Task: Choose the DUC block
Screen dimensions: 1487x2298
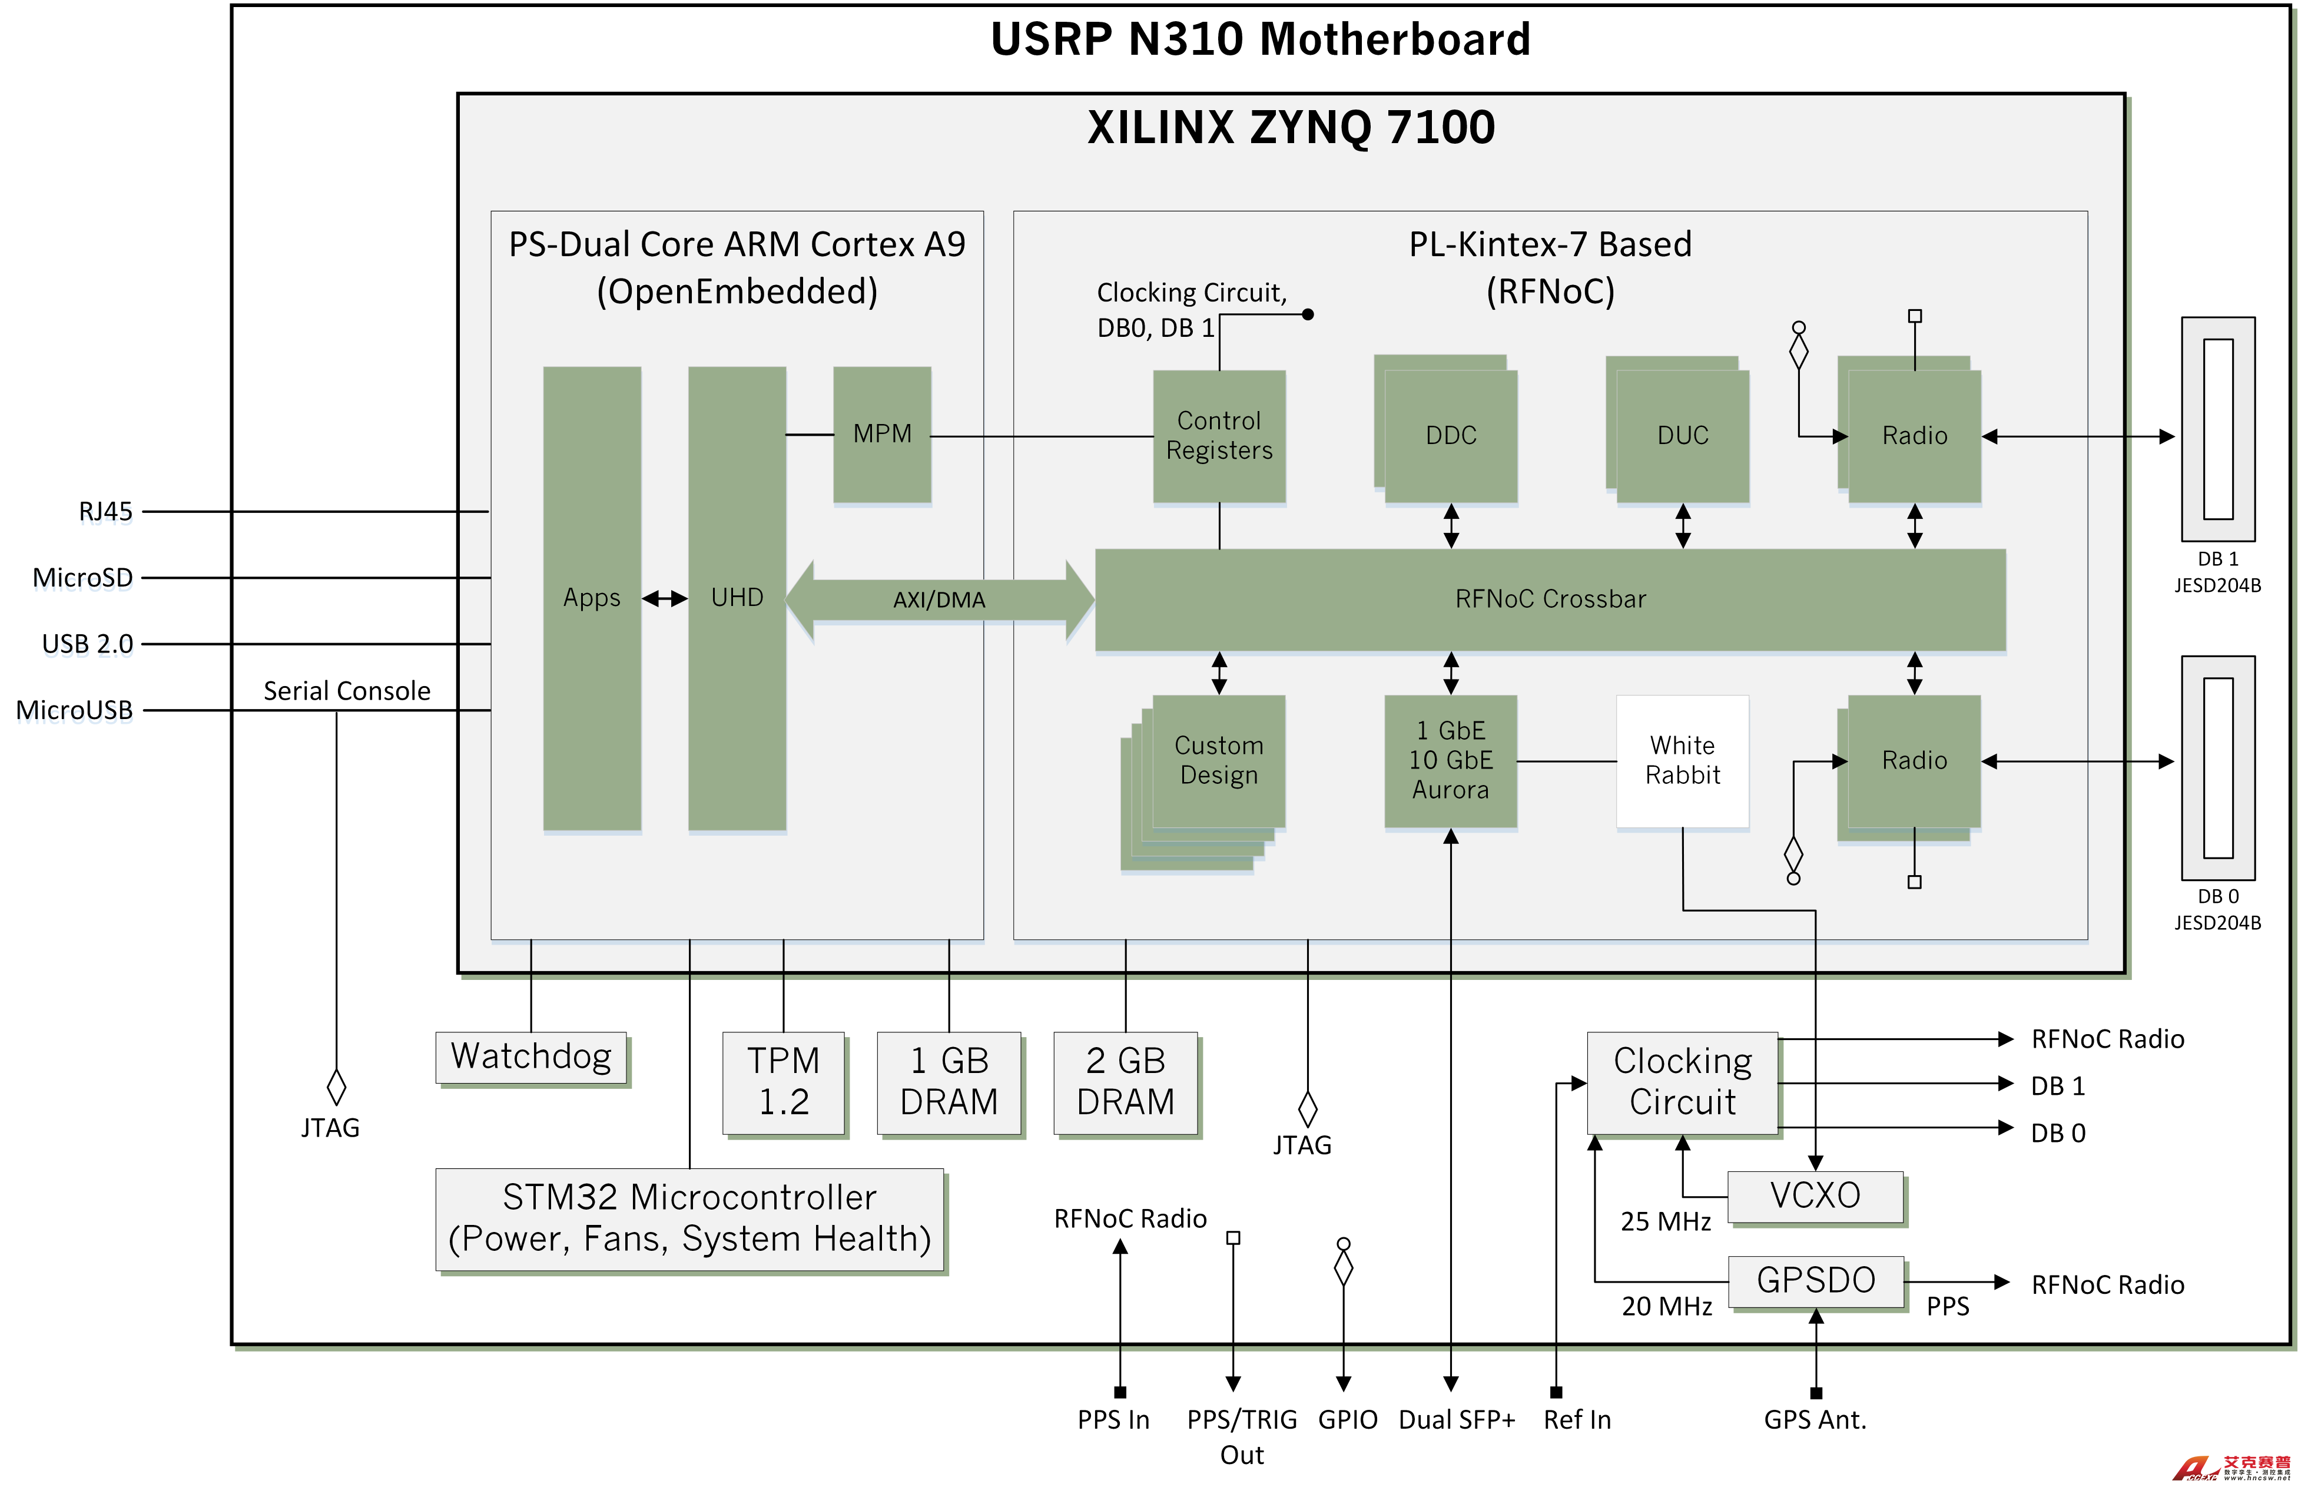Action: [x=1682, y=435]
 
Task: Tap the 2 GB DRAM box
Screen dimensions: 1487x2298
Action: [x=1125, y=1081]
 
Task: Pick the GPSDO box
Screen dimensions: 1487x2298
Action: [x=1815, y=1280]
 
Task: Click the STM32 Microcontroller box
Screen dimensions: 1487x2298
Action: [x=688, y=1218]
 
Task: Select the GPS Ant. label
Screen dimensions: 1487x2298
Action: [x=1815, y=1419]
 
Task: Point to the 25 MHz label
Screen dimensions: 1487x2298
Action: [x=1665, y=1221]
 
